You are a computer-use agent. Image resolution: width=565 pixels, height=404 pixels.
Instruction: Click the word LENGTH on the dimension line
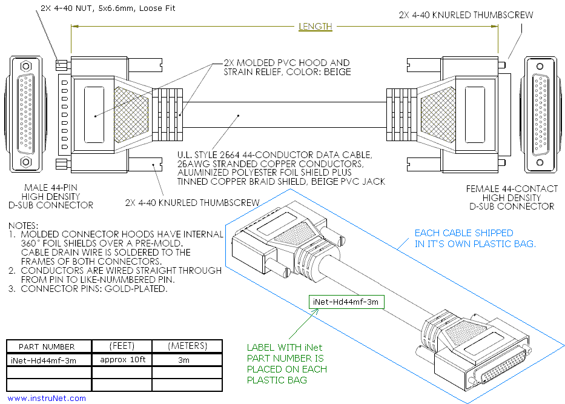click(x=316, y=27)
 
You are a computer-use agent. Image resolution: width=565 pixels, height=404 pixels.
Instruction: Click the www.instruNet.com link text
click(x=47, y=398)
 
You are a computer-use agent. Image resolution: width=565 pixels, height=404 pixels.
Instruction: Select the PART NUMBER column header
click(x=47, y=346)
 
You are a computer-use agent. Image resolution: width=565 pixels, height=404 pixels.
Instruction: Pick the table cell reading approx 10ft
click(x=121, y=359)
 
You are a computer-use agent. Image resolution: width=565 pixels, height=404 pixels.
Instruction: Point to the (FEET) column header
click(x=121, y=346)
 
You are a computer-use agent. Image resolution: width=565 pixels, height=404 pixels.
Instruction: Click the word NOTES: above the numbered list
click(x=24, y=225)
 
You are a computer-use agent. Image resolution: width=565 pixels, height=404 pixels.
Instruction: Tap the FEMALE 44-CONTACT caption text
click(x=512, y=189)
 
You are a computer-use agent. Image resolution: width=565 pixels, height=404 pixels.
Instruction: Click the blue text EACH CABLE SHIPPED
click(x=464, y=233)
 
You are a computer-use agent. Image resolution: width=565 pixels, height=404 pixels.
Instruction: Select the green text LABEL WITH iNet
click(x=284, y=348)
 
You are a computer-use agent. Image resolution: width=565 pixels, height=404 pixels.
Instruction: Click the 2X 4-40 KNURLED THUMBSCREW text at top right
click(x=466, y=15)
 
